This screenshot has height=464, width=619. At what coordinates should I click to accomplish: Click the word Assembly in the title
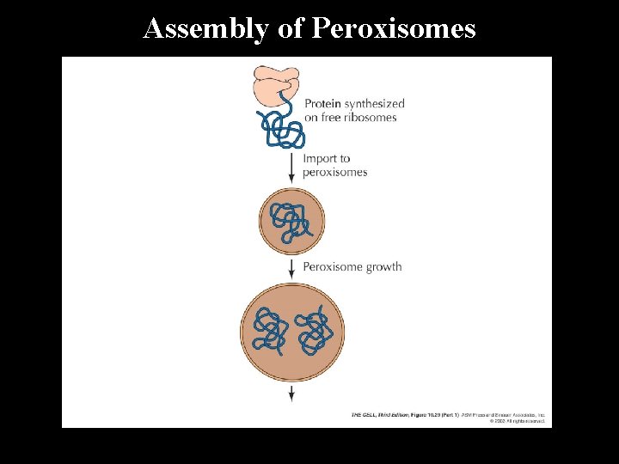[206, 29]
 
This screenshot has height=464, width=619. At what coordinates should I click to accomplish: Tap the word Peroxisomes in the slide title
[393, 29]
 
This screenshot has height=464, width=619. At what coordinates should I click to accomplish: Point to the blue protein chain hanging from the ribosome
[284, 130]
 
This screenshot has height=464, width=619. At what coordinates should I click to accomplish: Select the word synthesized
[377, 104]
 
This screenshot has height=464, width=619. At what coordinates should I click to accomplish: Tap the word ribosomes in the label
[370, 117]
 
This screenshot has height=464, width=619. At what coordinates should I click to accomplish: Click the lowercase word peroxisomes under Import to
[335, 172]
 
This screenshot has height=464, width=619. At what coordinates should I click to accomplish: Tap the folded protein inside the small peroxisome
[291, 221]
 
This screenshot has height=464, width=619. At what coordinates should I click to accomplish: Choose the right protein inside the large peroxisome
[313, 331]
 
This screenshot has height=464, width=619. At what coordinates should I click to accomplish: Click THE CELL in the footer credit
[363, 414]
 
